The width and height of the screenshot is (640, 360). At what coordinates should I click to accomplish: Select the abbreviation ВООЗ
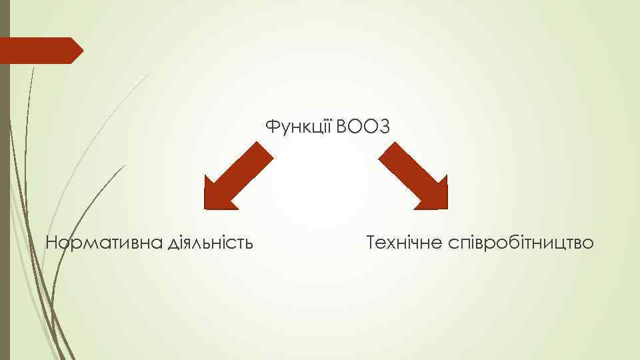click(x=362, y=126)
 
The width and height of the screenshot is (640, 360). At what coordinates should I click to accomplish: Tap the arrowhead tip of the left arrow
click(x=206, y=207)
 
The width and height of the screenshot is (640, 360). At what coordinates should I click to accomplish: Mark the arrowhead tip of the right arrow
click(x=446, y=207)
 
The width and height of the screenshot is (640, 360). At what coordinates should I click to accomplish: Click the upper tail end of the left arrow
click(x=264, y=151)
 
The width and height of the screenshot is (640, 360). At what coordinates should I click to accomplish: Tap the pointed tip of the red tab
click(x=82, y=51)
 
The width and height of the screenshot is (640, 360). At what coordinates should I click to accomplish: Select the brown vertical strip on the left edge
click(x=5, y=200)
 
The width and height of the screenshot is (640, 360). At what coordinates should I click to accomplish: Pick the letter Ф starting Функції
click(x=271, y=127)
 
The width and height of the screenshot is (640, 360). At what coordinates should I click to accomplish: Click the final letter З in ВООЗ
click(x=382, y=126)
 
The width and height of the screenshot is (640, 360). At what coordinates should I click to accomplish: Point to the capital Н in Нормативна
click(x=51, y=243)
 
